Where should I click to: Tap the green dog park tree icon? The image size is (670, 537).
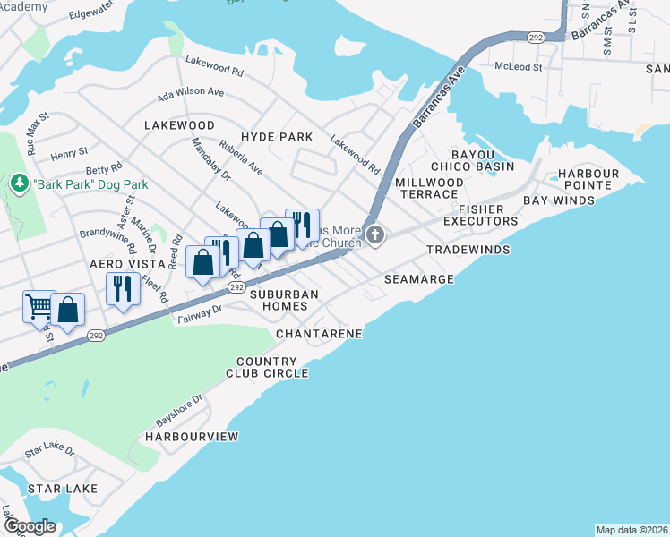[x=19, y=183]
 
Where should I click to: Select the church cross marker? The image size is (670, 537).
[x=375, y=236]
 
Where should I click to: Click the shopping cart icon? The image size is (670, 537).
[x=39, y=306]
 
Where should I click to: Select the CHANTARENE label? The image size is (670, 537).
[x=319, y=334]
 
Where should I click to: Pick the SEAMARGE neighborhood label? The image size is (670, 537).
[x=419, y=280]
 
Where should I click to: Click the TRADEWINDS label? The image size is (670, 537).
[x=468, y=250]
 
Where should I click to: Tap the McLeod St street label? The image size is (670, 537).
[x=520, y=67]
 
